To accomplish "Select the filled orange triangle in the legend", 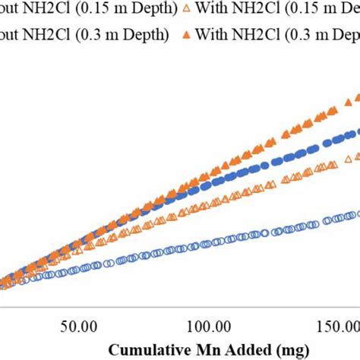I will click(x=188, y=35).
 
